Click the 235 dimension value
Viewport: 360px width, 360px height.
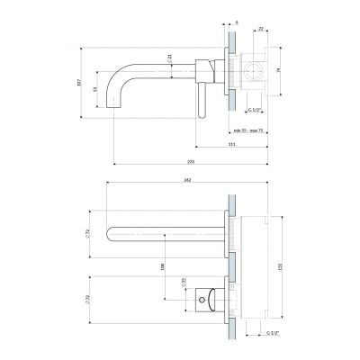[x=191, y=162]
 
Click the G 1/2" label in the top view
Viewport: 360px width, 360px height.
[x=274, y=332]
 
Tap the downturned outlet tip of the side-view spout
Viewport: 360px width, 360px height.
[x=114, y=110]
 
